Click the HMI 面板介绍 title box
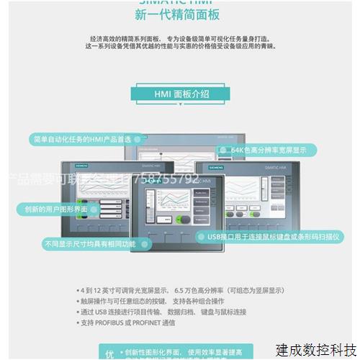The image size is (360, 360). [179, 93]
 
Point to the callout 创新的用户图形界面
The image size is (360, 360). [54, 209]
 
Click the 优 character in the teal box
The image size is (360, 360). [109, 354]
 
